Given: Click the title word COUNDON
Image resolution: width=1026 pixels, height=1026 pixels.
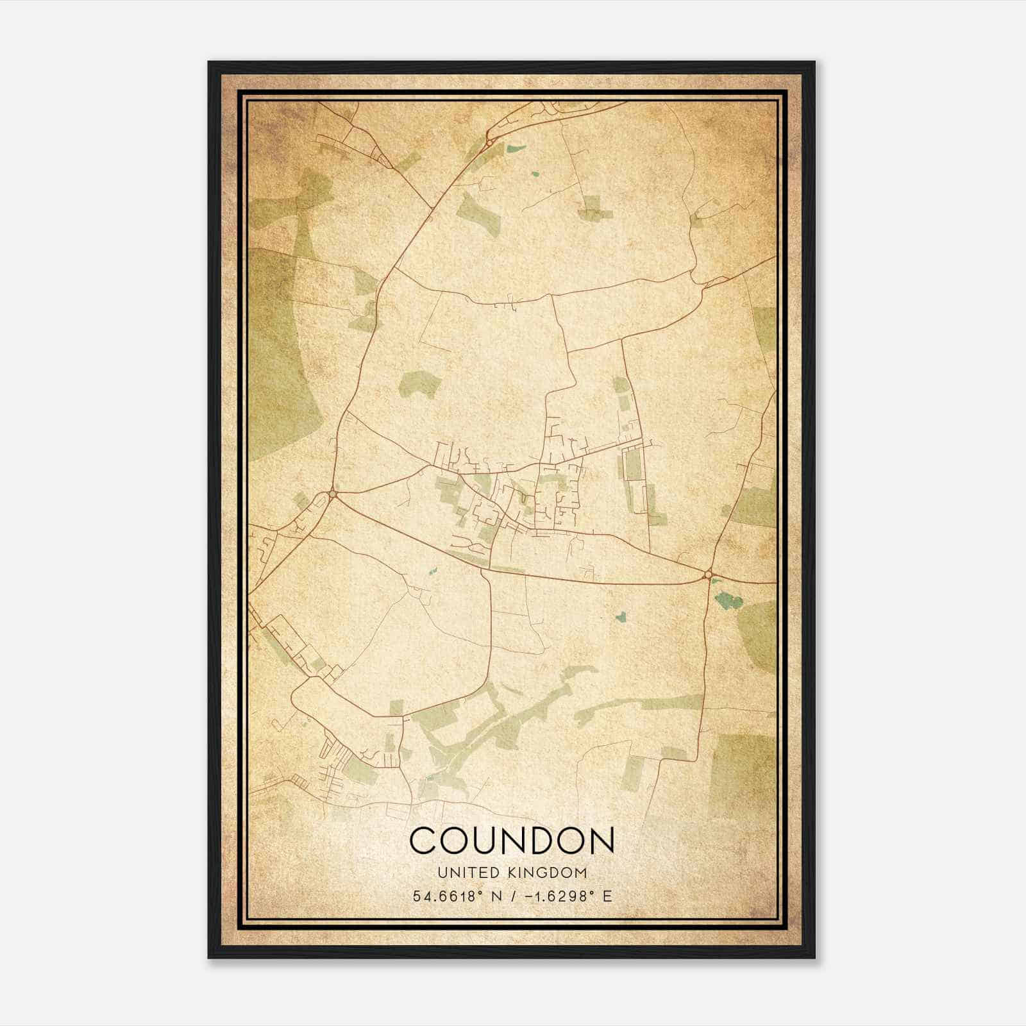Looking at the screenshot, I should click(512, 841).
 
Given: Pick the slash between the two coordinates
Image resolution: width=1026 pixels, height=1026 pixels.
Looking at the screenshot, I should click(510, 896).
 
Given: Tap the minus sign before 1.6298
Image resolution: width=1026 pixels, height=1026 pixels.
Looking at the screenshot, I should click(528, 896).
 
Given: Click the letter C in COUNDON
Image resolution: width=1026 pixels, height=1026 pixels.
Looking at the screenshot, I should click(423, 841).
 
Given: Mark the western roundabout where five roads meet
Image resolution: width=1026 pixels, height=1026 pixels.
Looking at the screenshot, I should click(333, 493).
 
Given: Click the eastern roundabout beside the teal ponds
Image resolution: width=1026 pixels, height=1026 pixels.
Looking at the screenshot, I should click(709, 574).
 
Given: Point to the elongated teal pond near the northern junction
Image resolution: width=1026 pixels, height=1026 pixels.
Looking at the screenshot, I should click(514, 149).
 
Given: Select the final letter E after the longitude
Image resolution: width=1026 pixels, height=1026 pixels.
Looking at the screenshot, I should click(607, 896).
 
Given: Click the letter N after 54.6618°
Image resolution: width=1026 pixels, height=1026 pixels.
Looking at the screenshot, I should click(495, 896).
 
